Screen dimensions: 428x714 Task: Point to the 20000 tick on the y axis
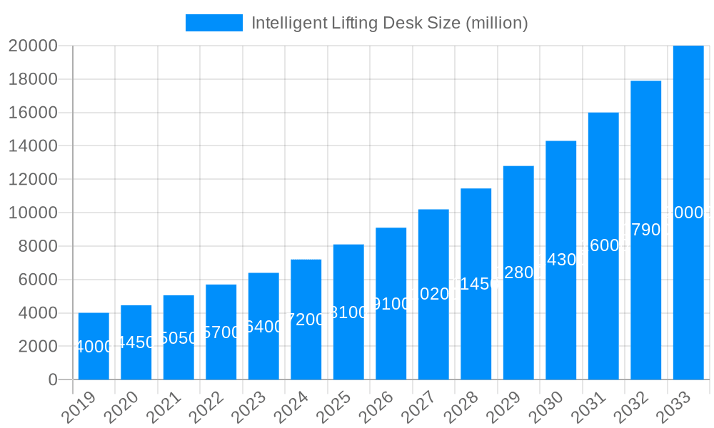[x=32, y=46]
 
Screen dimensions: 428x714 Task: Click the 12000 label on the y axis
[x=32, y=180]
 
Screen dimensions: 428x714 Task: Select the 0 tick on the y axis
[x=53, y=380]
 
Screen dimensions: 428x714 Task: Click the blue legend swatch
[x=213, y=23]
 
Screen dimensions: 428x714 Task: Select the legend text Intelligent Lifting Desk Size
[x=389, y=23]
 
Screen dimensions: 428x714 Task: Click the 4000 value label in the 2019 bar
[x=94, y=347]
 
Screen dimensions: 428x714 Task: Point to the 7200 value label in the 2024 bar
[x=306, y=320]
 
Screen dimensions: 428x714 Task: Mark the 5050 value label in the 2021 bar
[x=178, y=338]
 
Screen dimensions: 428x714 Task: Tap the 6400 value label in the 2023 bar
[x=263, y=327]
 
